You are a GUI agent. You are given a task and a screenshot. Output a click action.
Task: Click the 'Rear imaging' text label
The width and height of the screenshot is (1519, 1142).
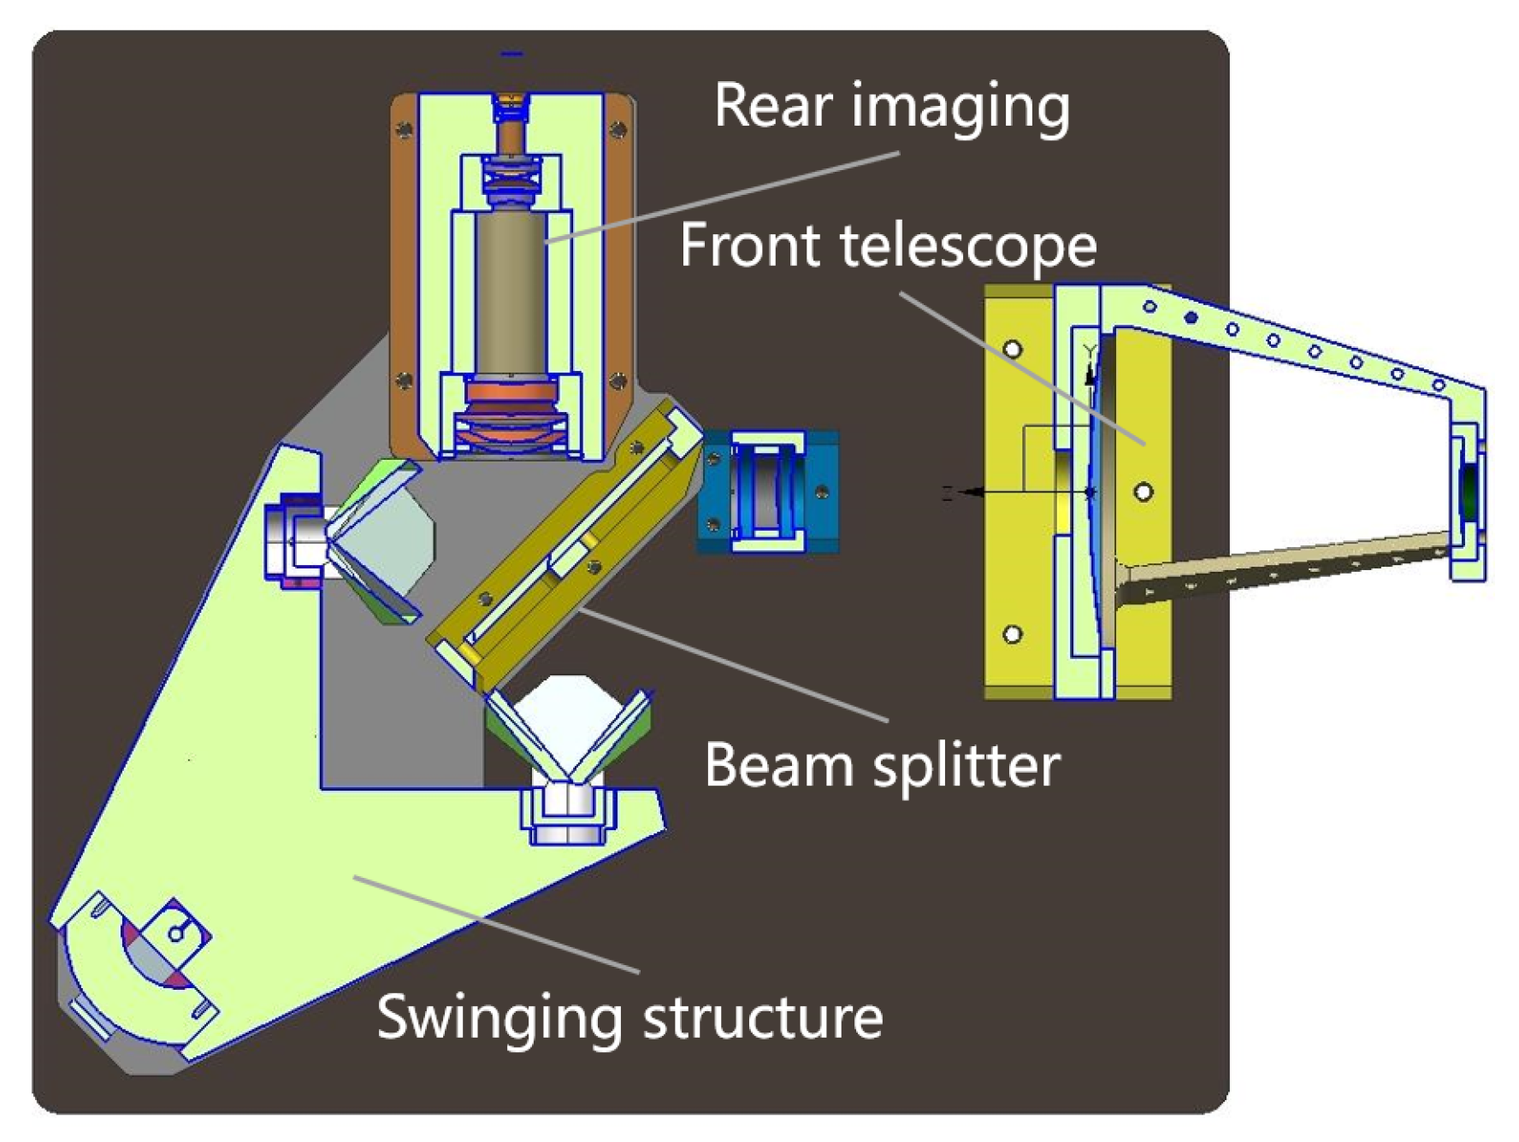coord(891,107)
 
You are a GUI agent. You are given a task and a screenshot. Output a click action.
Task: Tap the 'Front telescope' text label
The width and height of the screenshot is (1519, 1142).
coord(888,246)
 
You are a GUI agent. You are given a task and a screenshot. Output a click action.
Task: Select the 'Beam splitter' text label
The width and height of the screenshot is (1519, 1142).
coord(882,764)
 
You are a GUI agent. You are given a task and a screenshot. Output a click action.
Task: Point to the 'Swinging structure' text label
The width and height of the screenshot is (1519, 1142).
coord(629,1017)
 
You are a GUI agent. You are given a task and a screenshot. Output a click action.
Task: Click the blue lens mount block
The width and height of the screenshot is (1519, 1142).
coord(768,492)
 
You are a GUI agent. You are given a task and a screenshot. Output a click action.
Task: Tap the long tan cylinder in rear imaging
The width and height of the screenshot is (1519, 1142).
coord(511,291)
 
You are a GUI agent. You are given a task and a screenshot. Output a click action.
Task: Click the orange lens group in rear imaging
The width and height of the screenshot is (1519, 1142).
coord(511,402)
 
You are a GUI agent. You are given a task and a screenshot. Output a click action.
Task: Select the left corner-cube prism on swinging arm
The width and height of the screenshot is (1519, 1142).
coord(381,539)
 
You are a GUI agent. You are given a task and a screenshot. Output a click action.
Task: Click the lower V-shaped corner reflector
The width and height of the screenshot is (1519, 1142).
coord(569,727)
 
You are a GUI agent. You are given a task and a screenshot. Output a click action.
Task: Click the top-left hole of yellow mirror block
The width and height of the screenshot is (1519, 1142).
coord(1013,349)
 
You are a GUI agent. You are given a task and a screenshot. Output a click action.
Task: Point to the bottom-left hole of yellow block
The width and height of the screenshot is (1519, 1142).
coord(1013,634)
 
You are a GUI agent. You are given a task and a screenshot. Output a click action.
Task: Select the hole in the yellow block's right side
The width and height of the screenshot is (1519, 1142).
coord(1144,492)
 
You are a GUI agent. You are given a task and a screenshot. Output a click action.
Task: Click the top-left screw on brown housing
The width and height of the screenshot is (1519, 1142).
coord(404,130)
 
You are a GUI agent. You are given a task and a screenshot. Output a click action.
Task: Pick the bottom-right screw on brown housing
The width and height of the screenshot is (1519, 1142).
coord(618,380)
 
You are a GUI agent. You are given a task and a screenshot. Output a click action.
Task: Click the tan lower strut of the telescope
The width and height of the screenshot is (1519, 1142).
coord(1283,564)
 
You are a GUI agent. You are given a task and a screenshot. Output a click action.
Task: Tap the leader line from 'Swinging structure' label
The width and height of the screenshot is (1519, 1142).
coord(496,923)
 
